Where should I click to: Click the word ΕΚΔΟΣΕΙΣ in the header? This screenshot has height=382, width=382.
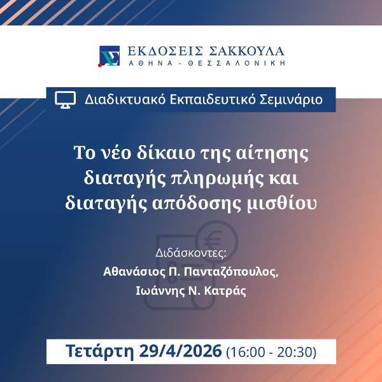point(157,52)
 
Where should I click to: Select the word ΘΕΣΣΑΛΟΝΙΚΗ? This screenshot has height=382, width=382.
point(238,64)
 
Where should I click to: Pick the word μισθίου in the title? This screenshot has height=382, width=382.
point(286,203)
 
